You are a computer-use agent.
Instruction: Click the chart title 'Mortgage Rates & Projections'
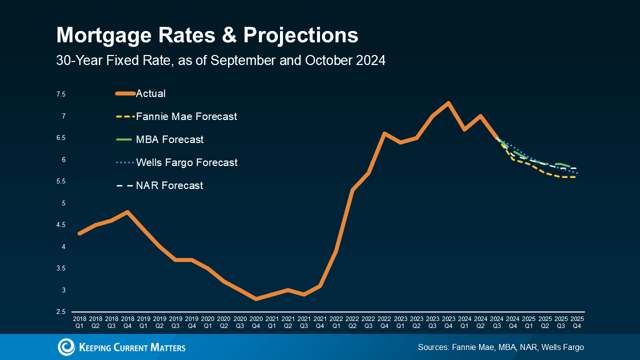pyautogui.click(x=207, y=35)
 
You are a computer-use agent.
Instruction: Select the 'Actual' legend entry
pyautogui.click(x=150, y=93)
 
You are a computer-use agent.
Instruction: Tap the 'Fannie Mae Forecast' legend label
pyautogui.click(x=186, y=116)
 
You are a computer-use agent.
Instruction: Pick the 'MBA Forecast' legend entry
pyautogui.click(x=169, y=139)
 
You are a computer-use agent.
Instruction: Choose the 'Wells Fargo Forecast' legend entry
pyautogui.click(x=186, y=162)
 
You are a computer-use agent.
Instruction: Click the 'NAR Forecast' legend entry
pyautogui.click(x=169, y=185)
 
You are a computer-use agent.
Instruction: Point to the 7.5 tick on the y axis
pyautogui.click(x=61, y=94)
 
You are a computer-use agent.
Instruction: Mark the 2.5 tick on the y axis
pyautogui.click(x=61, y=312)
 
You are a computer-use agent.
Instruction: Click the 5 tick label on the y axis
pyautogui.click(x=63, y=203)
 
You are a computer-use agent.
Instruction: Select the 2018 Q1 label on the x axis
pyautogui.click(x=79, y=322)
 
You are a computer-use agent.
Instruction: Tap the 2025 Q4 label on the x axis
pyautogui.click(x=577, y=322)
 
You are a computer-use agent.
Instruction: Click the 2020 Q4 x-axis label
pyautogui.click(x=256, y=322)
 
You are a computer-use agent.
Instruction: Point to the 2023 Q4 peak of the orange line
pyautogui.click(x=448, y=103)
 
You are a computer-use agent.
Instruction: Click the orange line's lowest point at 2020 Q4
pyautogui.click(x=256, y=299)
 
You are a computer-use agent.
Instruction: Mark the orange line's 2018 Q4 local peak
pyautogui.click(x=128, y=212)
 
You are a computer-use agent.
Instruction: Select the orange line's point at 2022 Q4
pyautogui.click(x=384, y=133)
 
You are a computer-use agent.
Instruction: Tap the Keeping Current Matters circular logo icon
pyautogui.click(x=66, y=347)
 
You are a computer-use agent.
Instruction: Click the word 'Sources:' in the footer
pyautogui.click(x=433, y=347)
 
